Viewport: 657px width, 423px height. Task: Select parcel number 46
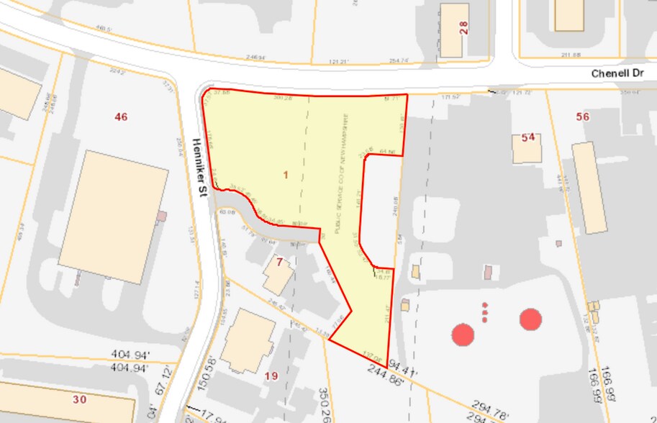tap(121, 117)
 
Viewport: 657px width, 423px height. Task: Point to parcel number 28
tap(464, 27)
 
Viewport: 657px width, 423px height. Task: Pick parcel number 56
tap(583, 117)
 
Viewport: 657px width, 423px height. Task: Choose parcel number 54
tap(529, 137)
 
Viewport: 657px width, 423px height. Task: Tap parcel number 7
tap(278, 261)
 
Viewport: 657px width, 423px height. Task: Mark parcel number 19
tap(271, 376)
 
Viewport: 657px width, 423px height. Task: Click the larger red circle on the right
tap(530, 319)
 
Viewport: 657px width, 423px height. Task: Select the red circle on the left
tap(463, 334)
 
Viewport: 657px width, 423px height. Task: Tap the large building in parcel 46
tap(113, 217)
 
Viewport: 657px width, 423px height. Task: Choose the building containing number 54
tap(527, 147)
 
